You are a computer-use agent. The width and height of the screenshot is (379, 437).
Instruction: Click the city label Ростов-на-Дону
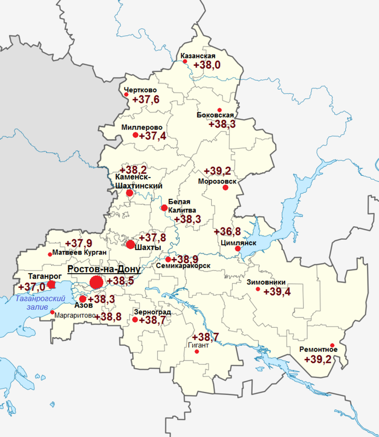pos(104,270)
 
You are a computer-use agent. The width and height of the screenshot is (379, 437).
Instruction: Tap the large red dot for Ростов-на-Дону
pos(96,282)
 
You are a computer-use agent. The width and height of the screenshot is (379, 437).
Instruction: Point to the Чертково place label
pos(140,90)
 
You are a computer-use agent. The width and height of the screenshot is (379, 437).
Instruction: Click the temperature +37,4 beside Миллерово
pos(153,136)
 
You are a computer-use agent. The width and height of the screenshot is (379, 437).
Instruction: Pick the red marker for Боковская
pos(220,109)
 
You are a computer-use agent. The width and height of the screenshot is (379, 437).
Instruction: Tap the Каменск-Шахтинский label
pos(139,181)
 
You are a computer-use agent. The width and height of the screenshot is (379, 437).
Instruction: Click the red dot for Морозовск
pos(225,188)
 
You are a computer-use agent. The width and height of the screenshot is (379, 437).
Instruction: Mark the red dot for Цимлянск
pos(238,249)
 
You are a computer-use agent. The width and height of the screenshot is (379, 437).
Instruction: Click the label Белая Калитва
pos(179,206)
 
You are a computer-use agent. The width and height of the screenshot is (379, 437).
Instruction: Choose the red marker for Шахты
pos(130,244)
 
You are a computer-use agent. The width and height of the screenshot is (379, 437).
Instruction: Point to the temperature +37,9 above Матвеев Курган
pos(79,243)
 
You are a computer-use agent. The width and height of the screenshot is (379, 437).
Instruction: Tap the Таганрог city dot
pos(51,284)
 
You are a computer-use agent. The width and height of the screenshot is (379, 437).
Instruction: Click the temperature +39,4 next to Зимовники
pos(277,292)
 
